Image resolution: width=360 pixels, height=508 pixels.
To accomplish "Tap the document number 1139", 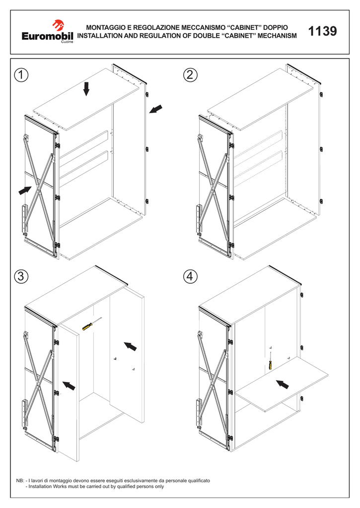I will click(x=322, y=32).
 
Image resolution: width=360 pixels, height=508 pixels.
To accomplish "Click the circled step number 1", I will click(x=21, y=75).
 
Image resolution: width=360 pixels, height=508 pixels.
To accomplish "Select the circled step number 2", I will click(x=190, y=75).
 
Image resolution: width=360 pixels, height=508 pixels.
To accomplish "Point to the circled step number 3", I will click(x=21, y=277).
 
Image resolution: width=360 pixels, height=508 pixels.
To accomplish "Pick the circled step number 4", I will click(x=190, y=277).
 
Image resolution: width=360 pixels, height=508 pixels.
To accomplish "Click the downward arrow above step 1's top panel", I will click(x=86, y=89).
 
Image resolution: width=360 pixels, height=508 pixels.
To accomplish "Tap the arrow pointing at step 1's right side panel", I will click(x=155, y=109).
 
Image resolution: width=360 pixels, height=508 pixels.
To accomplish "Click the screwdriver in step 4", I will click(x=270, y=362).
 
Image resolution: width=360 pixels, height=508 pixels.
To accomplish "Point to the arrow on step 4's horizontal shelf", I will click(x=283, y=384).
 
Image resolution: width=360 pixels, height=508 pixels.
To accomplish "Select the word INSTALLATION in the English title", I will click(x=102, y=36).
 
